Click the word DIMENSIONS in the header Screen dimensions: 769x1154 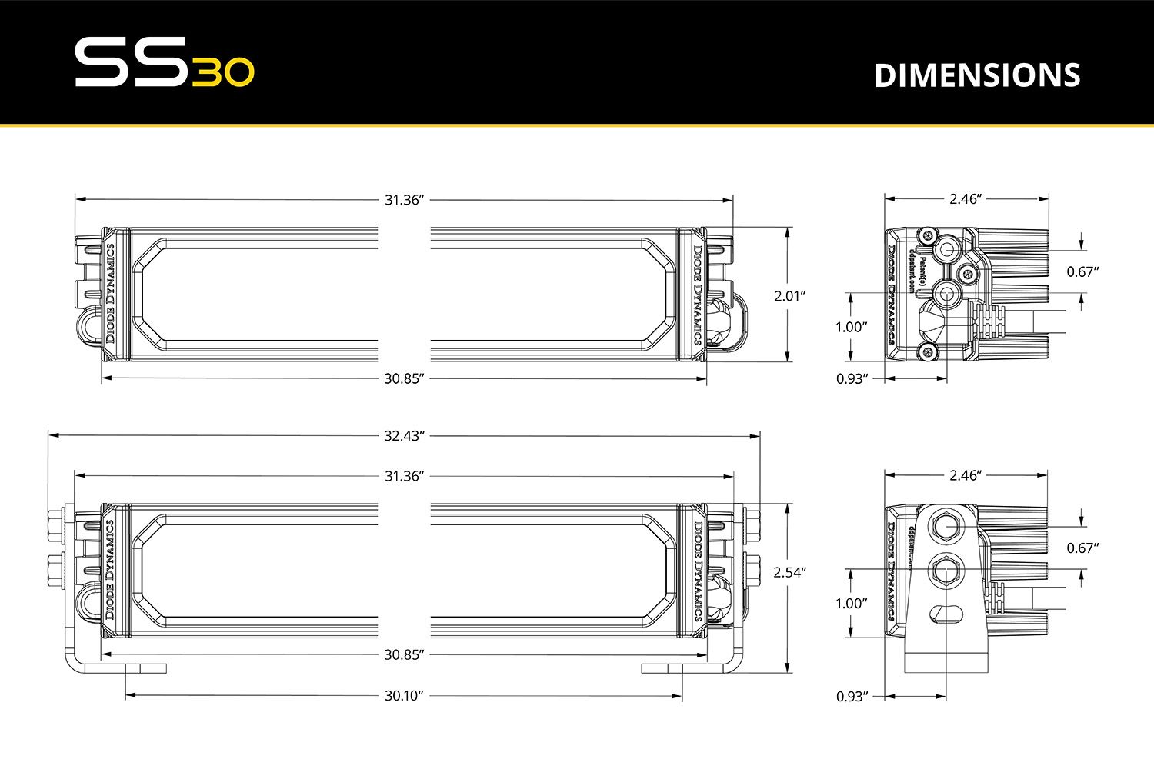point(977,75)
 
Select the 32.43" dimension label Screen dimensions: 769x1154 point(404,436)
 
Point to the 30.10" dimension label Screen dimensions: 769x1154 point(404,696)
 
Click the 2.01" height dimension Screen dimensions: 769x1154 point(789,295)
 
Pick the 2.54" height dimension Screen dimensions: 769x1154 point(789,572)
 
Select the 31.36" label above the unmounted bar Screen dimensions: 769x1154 point(404,200)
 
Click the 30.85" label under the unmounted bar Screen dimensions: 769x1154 point(404,378)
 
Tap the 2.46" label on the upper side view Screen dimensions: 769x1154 point(966,199)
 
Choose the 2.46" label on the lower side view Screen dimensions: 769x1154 point(966,476)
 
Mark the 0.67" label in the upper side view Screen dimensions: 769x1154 point(1082,271)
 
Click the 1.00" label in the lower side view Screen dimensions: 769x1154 point(852,604)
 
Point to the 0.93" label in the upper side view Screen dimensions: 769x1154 point(852,378)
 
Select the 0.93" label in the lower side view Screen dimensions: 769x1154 point(852,697)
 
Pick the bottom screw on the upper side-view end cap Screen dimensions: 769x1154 point(929,351)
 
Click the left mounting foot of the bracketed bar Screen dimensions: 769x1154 point(145,667)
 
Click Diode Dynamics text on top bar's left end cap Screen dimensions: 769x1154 point(110,294)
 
